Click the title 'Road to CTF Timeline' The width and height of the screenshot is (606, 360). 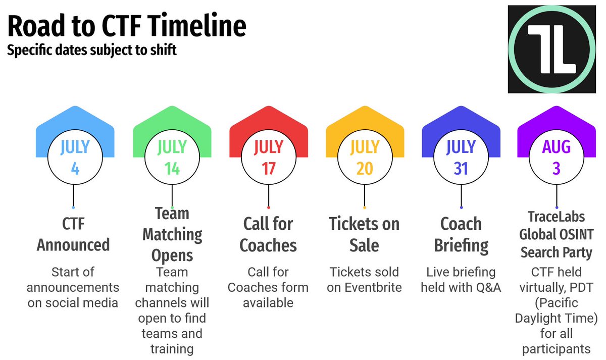point(127,26)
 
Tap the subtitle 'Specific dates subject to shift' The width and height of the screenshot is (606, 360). point(91,51)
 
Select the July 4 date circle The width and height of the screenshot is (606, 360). point(75,158)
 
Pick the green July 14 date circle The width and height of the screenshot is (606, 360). point(172,158)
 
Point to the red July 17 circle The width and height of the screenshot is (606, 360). point(268,158)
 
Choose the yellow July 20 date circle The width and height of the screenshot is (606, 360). point(365,158)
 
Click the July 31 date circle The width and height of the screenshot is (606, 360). point(461,158)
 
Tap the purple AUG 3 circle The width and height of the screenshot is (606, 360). point(557,158)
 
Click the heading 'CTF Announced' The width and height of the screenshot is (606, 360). point(73,234)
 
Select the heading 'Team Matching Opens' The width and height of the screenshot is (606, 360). point(172,234)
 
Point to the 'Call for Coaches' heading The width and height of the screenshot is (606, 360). point(268,234)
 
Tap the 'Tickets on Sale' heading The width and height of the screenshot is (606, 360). point(364,234)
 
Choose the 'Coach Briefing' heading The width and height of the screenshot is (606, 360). point(461,234)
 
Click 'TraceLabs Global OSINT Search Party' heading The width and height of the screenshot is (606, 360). point(556,234)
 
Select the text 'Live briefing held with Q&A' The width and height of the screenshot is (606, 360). point(461,280)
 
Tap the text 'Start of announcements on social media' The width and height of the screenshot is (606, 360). point(73,288)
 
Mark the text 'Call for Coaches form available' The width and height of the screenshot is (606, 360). point(268,287)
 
